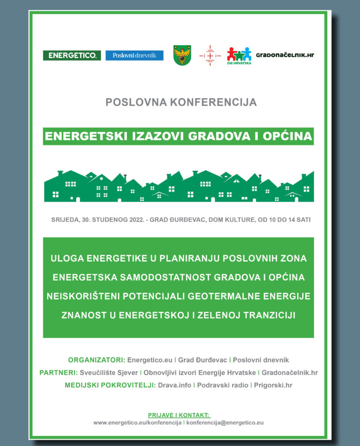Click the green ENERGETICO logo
coord(72,55)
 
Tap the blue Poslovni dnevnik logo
coord(135,55)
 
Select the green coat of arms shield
coord(182,55)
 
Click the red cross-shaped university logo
coord(210,55)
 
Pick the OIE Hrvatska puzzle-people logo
coord(239,55)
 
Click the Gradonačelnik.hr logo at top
coord(285,55)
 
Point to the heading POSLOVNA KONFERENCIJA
coord(181,102)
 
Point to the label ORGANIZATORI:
coord(97,360)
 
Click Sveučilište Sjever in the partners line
coord(109,373)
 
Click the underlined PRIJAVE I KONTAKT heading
coord(179,415)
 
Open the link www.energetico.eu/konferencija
coord(137,423)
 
